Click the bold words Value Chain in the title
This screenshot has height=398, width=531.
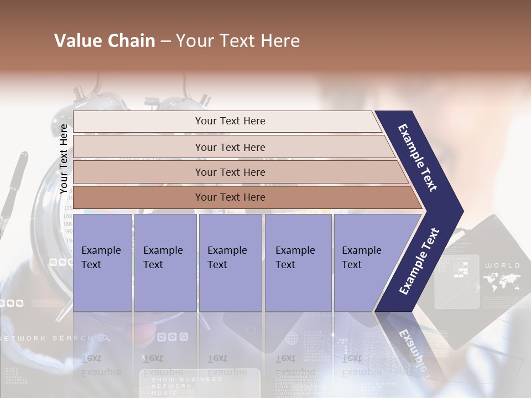[105, 41]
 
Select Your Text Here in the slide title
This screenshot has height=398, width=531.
[238, 41]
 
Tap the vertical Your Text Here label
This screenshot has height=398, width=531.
[64, 159]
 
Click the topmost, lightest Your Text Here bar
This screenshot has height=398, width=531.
[230, 121]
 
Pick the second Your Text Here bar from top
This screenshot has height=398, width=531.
[230, 147]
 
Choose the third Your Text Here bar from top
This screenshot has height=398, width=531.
[230, 172]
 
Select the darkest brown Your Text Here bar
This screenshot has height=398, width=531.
[230, 197]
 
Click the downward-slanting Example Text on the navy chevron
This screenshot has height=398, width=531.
[418, 158]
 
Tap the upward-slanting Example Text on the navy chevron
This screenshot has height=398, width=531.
[419, 261]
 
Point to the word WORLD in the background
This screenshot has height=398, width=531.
[502, 265]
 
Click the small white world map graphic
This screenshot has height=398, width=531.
[502, 282]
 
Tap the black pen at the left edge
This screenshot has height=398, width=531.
[14, 188]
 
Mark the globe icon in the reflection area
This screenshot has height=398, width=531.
[291, 338]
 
